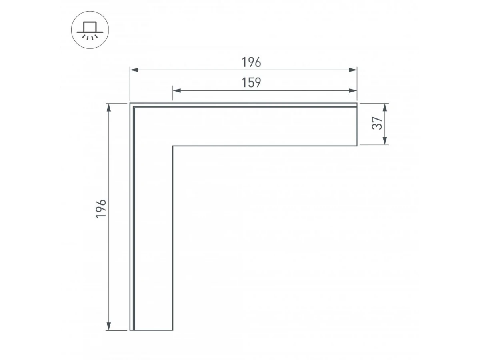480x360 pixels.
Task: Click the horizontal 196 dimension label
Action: tap(251, 62)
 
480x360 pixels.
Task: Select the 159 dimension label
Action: tap(251, 83)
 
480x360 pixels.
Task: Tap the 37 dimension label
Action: tap(377, 123)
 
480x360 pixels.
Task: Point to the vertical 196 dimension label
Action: tap(101, 208)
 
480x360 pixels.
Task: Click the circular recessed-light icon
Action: tap(90, 30)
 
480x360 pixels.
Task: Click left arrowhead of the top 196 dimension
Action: tap(134, 70)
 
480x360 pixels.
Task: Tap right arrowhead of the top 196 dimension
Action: tap(353, 70)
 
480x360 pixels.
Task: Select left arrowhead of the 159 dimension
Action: tap(177, 90)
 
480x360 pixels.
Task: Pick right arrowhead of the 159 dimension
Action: tap(353, 90)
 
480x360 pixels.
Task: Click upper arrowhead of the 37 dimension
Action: tap(385, 107)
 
